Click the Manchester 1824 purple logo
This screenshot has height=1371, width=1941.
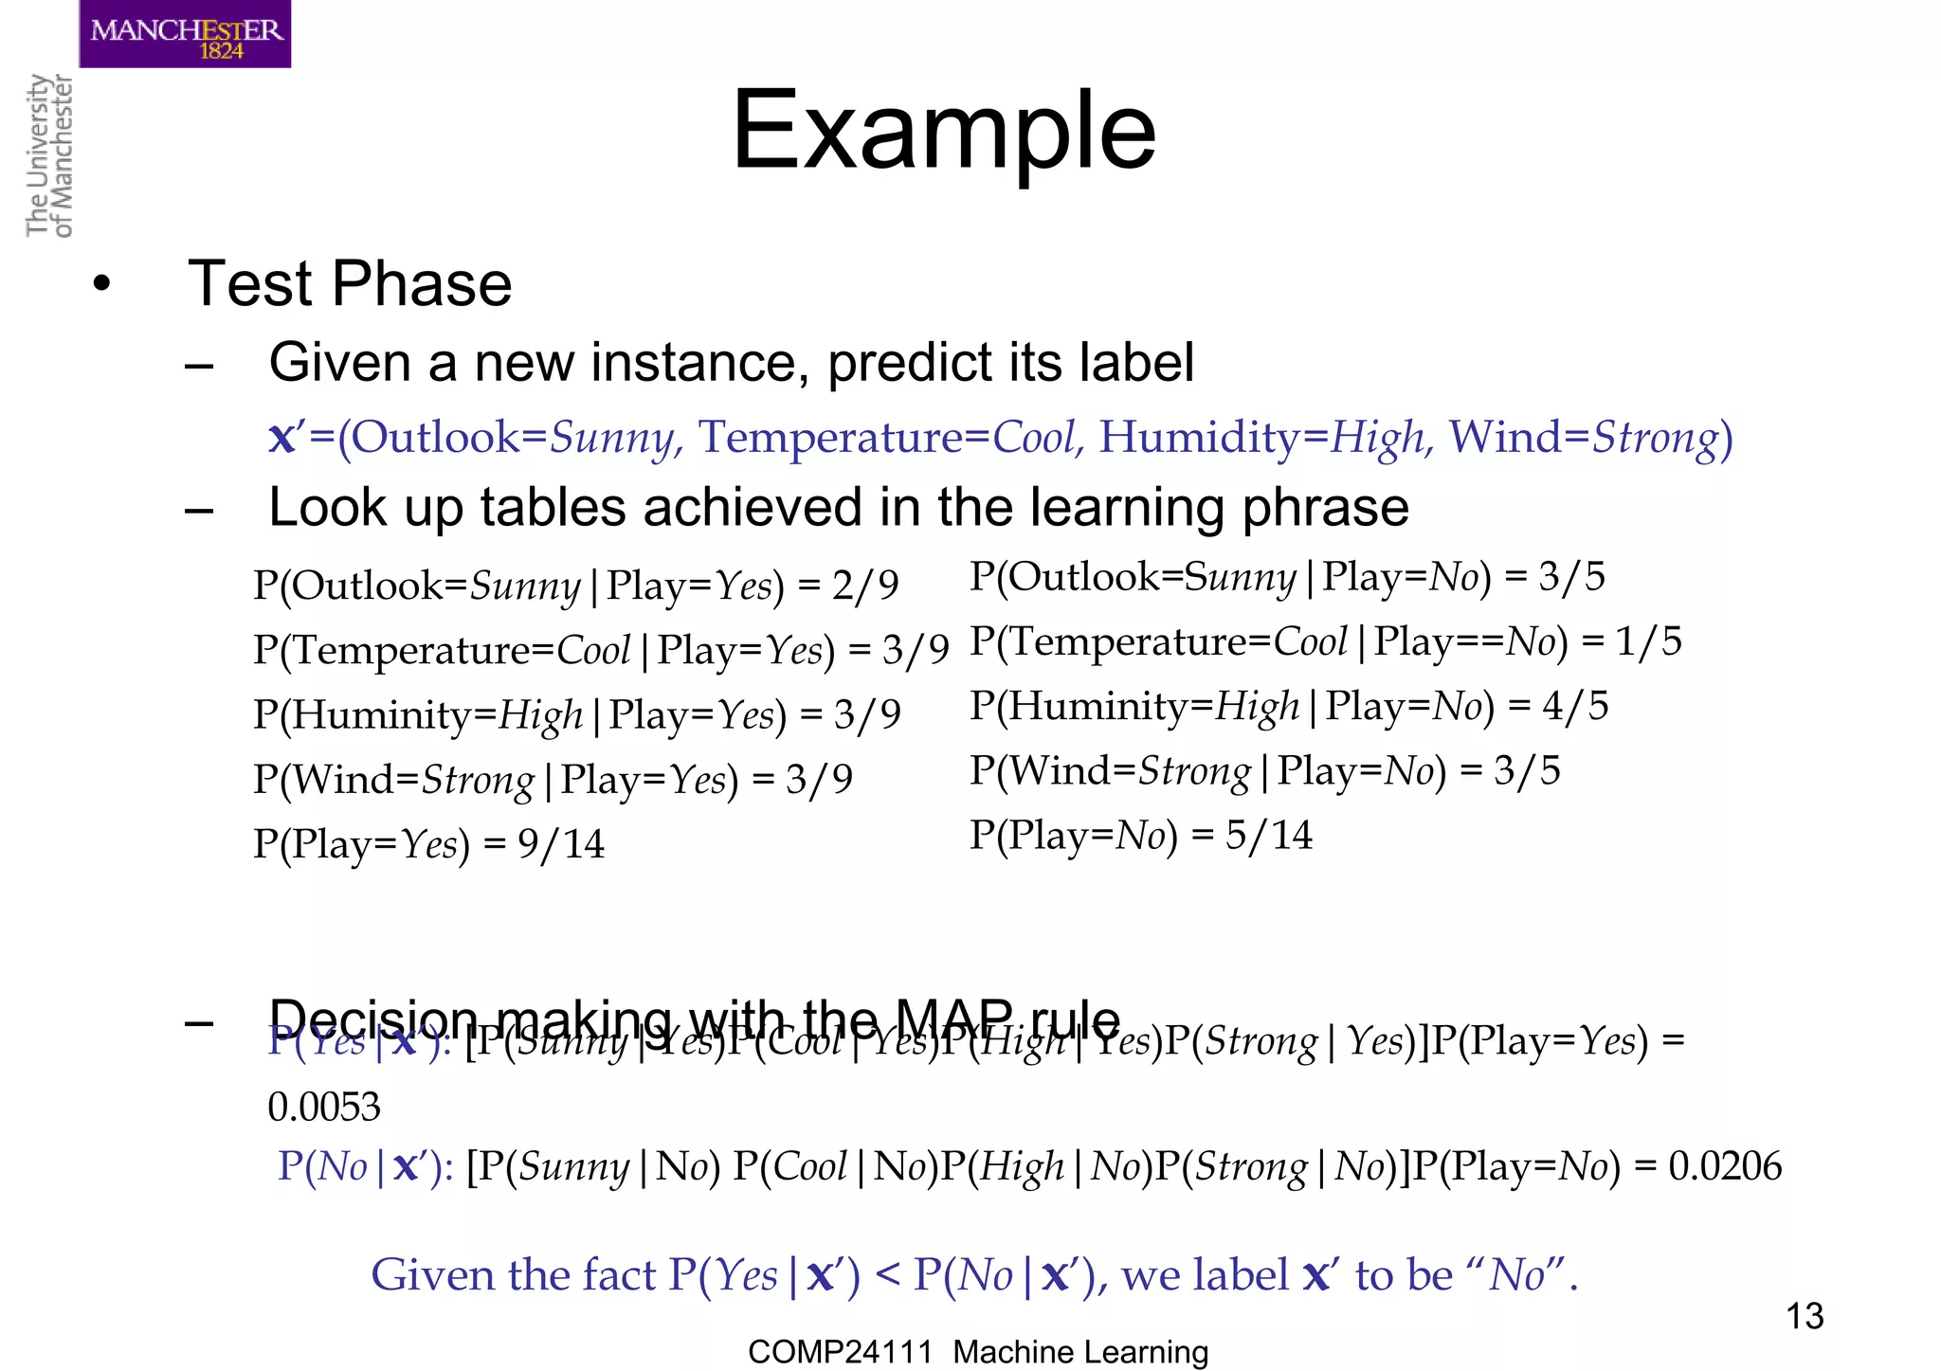pyautogui.click(x=185, y=34)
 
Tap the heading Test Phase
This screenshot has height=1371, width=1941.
pyautogui.click(x=350, y=283)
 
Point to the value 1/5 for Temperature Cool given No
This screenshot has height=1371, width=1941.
pyautogui.click(x=1648, y=641)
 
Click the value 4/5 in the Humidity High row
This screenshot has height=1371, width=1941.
pyautogui.click(x=1575, y=706)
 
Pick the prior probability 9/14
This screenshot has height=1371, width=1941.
pyautogui.click(x=560, y=844)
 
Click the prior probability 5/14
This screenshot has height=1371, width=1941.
pyautogui.click(x=1268, y=836)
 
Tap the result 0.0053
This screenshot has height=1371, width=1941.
pyautogui.click(x=324, y=1107)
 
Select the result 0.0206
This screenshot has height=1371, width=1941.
pyautogui.click(x=1724, y=1166)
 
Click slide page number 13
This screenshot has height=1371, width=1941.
pyautogui.click(x=1804, y=1316)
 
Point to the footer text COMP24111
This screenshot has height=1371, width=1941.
pyautogui.click(x=840, y=1352)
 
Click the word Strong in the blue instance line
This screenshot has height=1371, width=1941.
pyautogui.click(x=1655, y=438)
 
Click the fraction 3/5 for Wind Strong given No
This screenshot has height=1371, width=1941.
pyautogui.click(x=1527, y=770)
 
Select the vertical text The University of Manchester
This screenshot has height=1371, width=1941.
pyautogui.click(x=49, y=156)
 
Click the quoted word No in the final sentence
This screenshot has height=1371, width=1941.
pyautogui.click(x=1516, y=1275)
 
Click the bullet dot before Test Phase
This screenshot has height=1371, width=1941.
pyautogui.click(x=102, y=284)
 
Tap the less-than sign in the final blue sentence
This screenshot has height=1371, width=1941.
pyautogui.click(x=887, y=1275)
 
